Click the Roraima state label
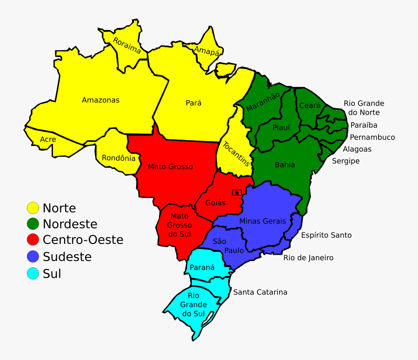(x=127, y=45)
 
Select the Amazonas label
(x=100, y=100)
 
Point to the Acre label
(x=48, y=139)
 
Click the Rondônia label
(x=118, y=158)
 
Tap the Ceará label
(x=310, y=106)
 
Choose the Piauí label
(x=281, y=128)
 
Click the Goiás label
(x=215, y=203)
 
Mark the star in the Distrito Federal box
(x=237, y=193)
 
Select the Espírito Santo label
(x=326, y=235)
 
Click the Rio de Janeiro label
(x=308, y=257)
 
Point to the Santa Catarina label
(x=260, y=292)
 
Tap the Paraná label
(x=202, y=268)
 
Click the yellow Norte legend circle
(x=33, y=208)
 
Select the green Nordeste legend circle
(x=33, y=224)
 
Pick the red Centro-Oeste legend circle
(x=33, y=240)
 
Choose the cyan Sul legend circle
(x=33, y=274)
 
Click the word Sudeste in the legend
(x=67, y=257)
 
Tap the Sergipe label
(x=346, y=161)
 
